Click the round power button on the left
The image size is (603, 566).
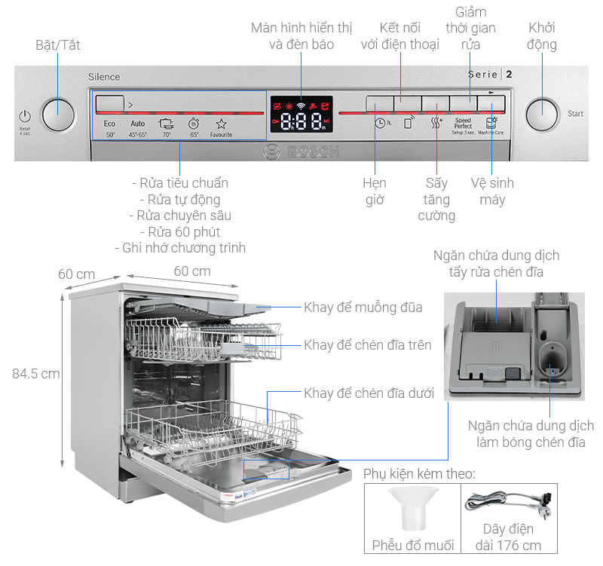[x=59, y=115]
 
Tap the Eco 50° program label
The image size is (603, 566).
[x=110, y=128]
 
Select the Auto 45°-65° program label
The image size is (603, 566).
[x=137, y=128]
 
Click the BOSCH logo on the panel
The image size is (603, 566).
[x=301, y=151]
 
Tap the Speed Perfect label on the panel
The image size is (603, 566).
[x=463, y=125]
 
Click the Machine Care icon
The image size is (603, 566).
[x=491, y=125]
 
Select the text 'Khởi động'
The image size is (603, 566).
[x=542, y=36]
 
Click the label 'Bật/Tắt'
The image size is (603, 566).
[x=58, y=45]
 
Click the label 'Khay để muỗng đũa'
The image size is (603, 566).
[x=363, y=307]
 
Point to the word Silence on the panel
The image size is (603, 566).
[x=104, y=77]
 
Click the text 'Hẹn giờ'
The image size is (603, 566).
[x=374, y=191]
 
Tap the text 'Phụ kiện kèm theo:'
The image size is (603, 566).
[x=419, y=474]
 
